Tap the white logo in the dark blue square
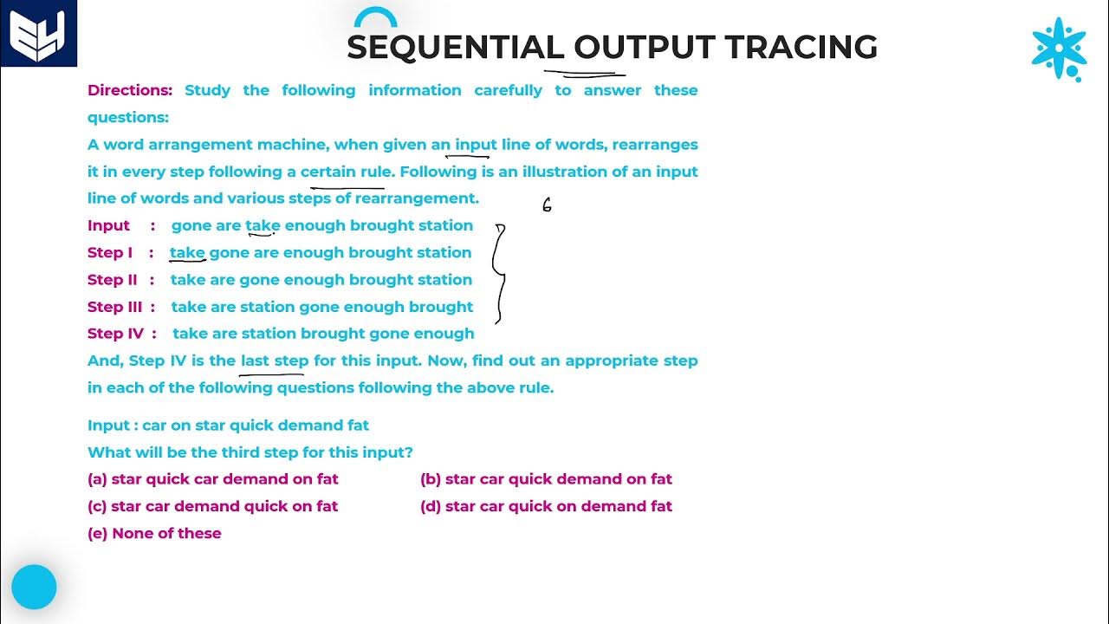click(x=38, y=35)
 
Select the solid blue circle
click(x=35, y=588)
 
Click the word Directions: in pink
click(x=130, y=90)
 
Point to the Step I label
click(x=110, y=252)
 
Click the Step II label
click(x=113, y=280)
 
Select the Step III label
click(x=114, y=307)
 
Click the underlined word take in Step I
click(x=187, y=253)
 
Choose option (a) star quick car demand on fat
click(x=213, y=479)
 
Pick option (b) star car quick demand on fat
click(x=546, y=479)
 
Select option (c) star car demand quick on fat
click(x=213, y=506)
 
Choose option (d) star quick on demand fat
click(x=546, y=506)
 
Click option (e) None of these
click(x=154, y=534)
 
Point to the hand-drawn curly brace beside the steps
click(x=500, y=273)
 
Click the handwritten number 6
click(x=547, y=205)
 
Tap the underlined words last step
click(x=275, y=361)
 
